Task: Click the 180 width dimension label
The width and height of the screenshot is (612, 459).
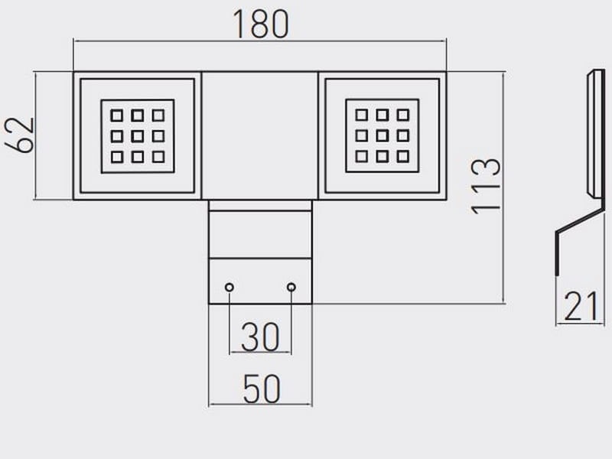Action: coord(260,24)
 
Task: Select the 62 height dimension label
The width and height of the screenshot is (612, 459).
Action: coord(23,135)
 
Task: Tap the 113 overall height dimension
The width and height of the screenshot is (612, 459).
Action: coord(487,185)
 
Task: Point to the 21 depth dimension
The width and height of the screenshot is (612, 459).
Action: coord(581,308)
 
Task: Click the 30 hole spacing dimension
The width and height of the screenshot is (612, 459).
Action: coord(260,337)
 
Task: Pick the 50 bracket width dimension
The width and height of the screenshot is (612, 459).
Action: coord(261,390)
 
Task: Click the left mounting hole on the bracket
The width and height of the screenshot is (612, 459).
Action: coord(229,287)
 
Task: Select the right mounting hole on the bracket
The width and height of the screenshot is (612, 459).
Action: coord(291,287)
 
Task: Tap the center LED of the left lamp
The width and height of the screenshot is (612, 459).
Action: coord(138,136)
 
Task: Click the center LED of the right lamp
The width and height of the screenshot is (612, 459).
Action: coord(382,136)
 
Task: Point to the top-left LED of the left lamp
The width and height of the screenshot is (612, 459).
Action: coord(117,116)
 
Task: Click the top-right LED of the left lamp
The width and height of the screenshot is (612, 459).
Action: coord(158,116)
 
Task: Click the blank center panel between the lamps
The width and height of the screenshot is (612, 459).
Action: coord(260,135)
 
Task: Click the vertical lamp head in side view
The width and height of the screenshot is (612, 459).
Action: coord(594,134)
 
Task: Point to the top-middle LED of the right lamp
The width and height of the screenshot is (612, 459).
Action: coord(382,116)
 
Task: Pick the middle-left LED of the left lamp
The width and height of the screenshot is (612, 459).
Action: coord(117,136)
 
